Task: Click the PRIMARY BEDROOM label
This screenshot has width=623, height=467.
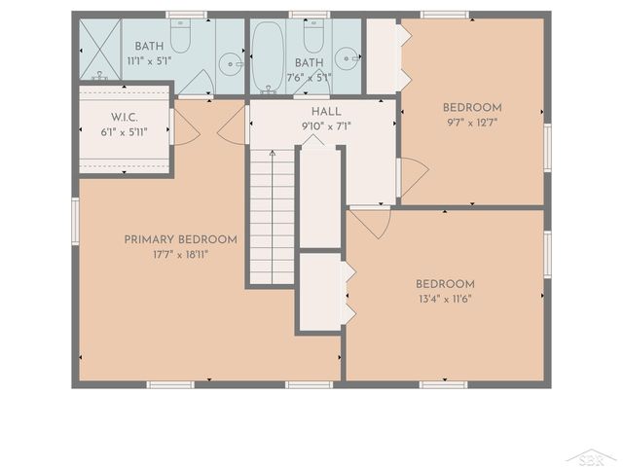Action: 180,239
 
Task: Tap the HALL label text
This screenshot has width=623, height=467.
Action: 326,112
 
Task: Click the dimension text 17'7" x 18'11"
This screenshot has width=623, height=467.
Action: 180,254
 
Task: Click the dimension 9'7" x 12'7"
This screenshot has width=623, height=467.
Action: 472,123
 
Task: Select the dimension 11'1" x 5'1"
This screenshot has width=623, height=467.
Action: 149,60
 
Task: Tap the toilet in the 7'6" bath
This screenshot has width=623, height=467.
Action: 312,36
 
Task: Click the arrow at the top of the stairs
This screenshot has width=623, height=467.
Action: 272,153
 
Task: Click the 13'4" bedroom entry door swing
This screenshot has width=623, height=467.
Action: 373,221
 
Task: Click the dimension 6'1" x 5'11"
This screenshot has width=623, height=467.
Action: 123,132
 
